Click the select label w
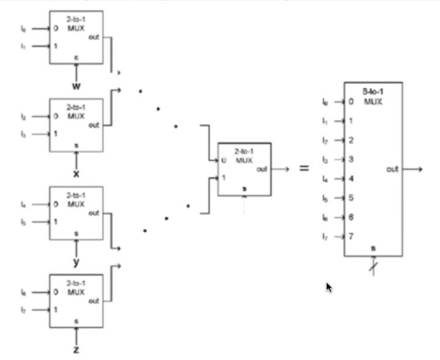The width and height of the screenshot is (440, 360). pos(77,87)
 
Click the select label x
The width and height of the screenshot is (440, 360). pos(77,174)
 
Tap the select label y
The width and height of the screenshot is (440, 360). pos(77,262)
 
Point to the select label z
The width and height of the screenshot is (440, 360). pos(77,350)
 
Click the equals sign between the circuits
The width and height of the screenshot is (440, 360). pos(304,168)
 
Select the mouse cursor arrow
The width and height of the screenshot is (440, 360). pos(329,287)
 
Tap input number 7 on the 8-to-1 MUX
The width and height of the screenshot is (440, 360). pos(351,236)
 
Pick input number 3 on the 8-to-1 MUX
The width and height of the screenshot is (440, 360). pos(351,159)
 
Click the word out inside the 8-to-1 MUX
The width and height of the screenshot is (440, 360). pos(392,168)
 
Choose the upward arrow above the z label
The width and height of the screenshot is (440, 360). pos(77,334)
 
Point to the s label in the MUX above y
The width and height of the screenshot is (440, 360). pos(77,233)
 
